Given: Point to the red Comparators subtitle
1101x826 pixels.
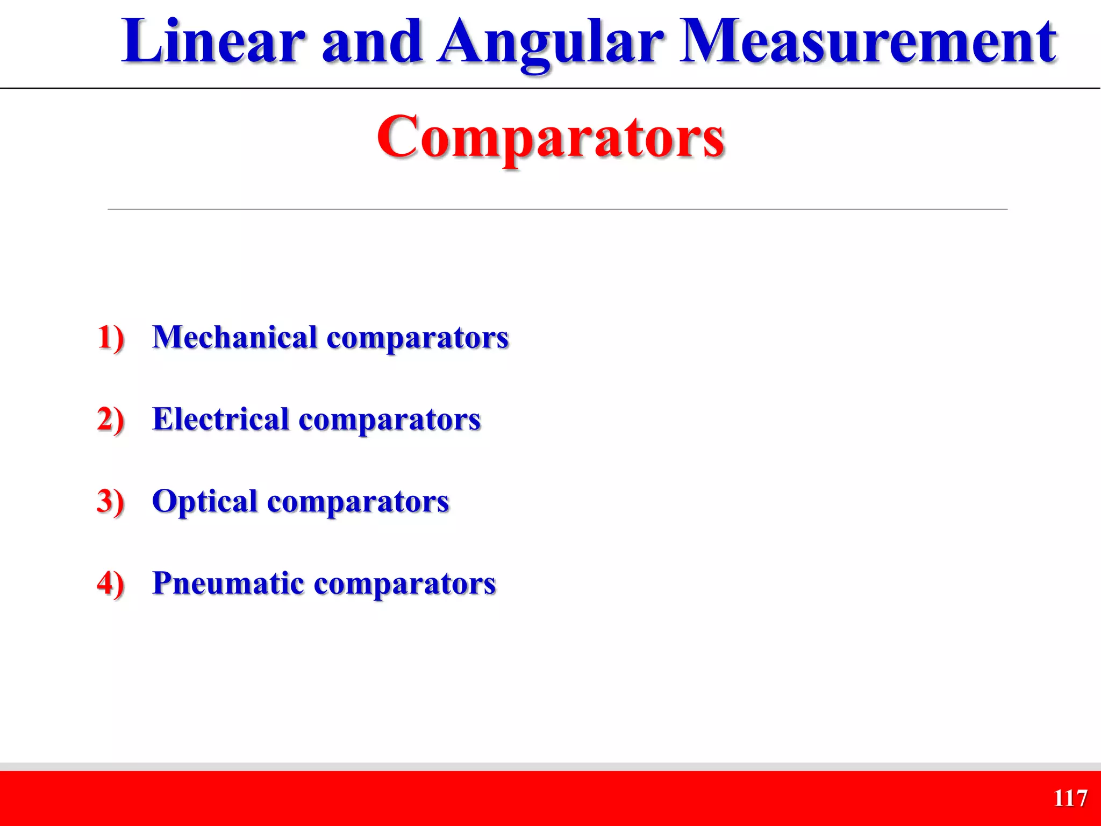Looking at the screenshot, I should coord(550,137).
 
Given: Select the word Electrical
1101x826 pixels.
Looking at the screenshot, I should coord(221,419).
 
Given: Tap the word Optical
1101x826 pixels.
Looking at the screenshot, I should coord(205,502).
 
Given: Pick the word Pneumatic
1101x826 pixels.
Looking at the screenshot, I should coord(228,583).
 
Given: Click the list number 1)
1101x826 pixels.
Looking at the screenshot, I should coord(111,338).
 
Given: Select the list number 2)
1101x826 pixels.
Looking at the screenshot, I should coord(111,420).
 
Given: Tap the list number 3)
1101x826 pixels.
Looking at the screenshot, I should coord(111,502).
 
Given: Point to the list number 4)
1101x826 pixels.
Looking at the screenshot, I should coord(111,583).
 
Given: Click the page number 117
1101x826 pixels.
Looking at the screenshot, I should coord(1070,798).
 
